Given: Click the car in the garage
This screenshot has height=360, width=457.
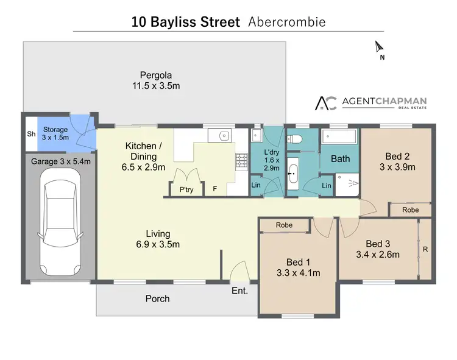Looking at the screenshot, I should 60,221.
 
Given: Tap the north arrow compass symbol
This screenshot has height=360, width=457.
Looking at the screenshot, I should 379,47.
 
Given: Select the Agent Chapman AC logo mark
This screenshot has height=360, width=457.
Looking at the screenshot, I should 325,104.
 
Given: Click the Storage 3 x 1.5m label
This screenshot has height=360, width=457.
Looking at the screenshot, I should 55,134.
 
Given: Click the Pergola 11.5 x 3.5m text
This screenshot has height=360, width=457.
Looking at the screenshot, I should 157,80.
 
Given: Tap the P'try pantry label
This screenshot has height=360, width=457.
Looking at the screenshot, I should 186,189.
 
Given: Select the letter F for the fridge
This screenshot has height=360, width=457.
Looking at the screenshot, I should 214,189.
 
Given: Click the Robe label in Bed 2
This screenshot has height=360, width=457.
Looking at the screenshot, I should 411,210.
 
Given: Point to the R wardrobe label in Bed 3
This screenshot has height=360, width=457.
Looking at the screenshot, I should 425,249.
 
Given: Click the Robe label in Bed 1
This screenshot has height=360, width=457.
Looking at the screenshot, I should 284,225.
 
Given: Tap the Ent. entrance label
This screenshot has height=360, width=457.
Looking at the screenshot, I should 239,291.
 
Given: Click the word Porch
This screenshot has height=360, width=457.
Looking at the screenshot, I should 157,298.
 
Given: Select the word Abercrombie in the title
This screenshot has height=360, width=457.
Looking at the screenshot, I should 287,22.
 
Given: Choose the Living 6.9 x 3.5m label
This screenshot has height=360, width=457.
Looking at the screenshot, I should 157,239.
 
